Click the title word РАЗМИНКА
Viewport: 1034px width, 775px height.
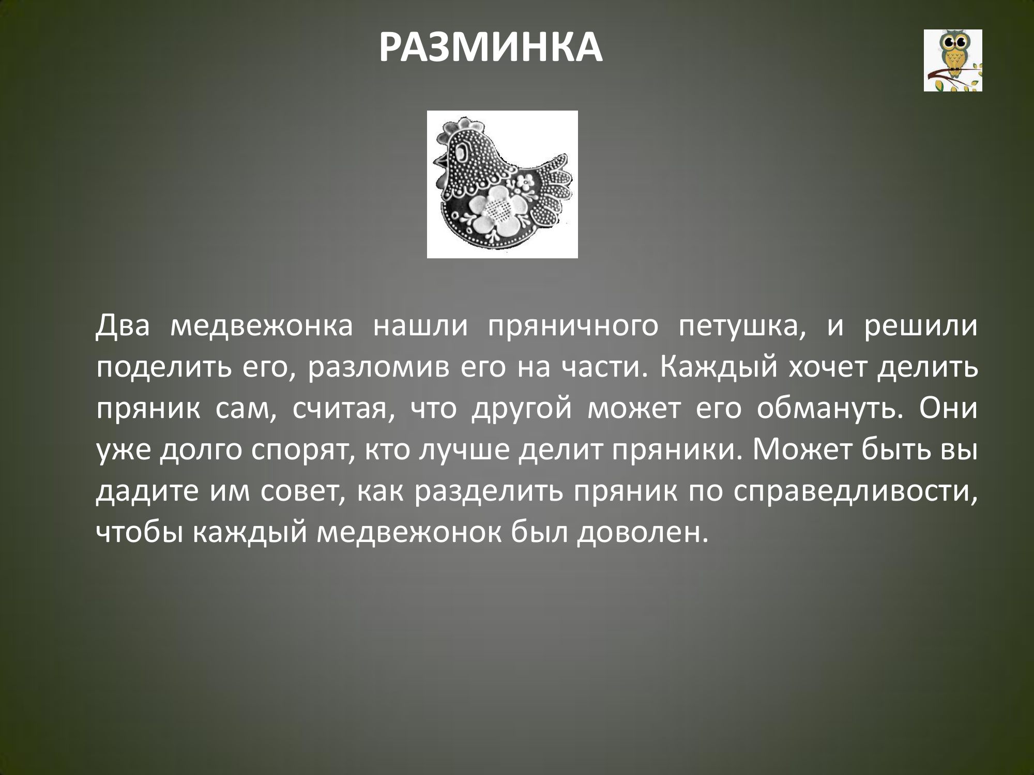pos(491,48)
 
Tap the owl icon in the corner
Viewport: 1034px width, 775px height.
pos(953,60)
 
